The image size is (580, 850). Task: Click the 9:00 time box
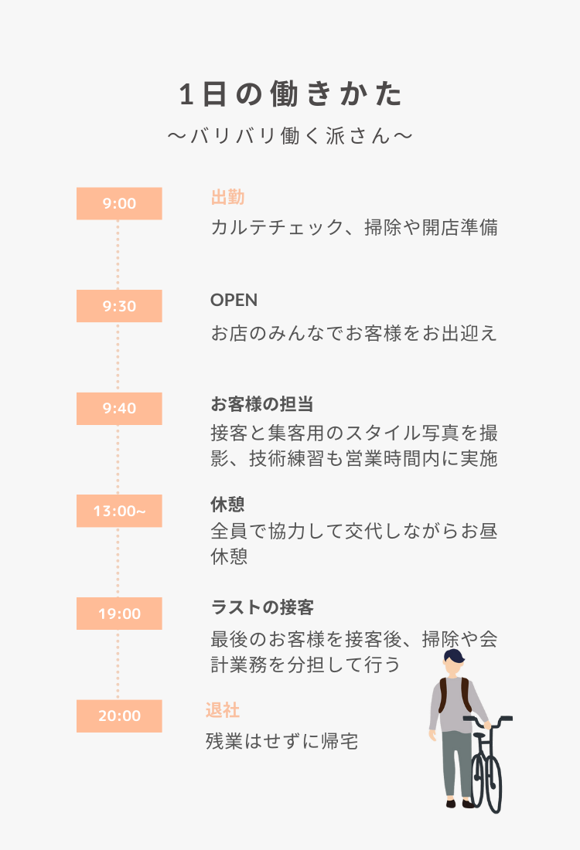pos(119,203)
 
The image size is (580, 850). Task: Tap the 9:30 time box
pos(119,306)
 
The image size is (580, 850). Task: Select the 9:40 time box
pos(119,408)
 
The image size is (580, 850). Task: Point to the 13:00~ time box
pos(119,511)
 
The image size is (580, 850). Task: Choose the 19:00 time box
pos(119,613)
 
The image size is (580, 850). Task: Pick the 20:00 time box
pos(119,716)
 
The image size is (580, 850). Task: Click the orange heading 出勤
pos(228,197)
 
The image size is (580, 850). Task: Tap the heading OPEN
pos(234,300)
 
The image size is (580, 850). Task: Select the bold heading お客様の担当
pos(262,404)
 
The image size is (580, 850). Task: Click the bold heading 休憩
pos(228,504)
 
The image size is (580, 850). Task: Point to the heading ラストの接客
pos(263,607)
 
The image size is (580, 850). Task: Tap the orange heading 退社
pos(223,710)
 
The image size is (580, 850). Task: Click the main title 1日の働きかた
pos(290,93)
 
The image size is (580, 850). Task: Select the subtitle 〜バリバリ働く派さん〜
pos(290,135)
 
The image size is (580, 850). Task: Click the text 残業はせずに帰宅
pos(282,741)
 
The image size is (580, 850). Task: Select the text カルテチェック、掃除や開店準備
pos(354,227)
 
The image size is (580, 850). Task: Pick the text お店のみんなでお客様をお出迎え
pos(354,333)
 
